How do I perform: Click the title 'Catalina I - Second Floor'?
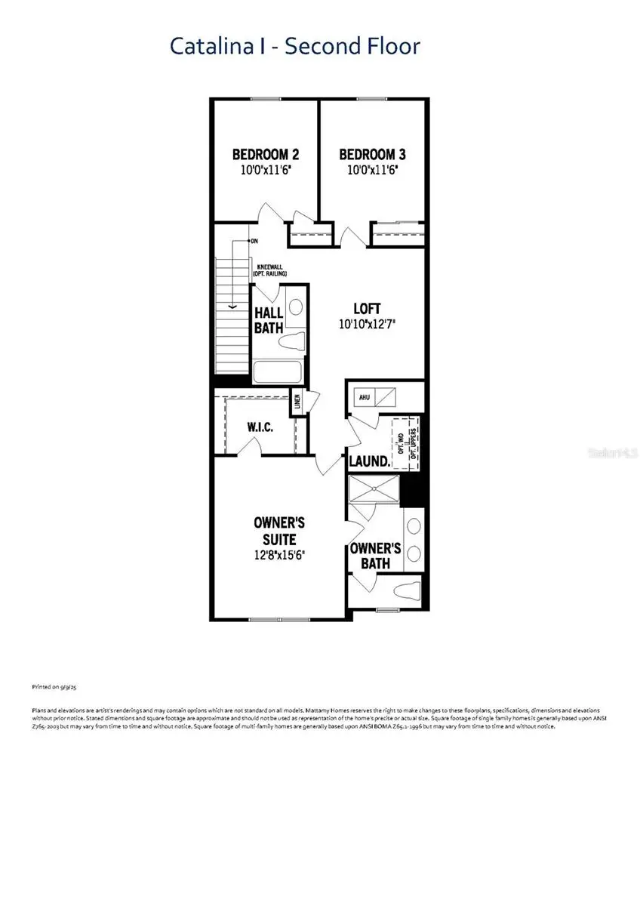click(x=294, y=46)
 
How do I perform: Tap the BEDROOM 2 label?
click(x=265, y=155)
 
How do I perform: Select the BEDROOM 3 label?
click(x=372, y=155)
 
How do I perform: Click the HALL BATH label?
click(x=268, y=320)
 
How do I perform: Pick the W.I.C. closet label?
click(x=260, y=427)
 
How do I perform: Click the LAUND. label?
click(x=370, y=461)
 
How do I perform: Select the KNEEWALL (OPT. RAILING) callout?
click(x=272, y=270)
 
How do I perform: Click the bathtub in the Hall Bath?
click(x=276, y=372)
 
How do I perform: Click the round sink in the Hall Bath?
click(x=295, y=307)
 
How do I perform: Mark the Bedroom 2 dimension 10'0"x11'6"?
click(x=265, y=171)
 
